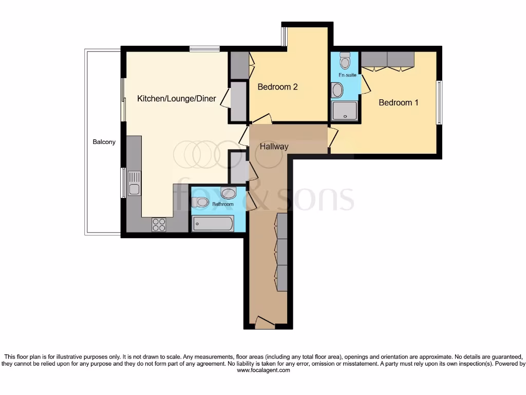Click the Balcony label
104,142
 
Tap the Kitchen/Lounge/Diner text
176,99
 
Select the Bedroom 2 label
277,87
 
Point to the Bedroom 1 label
398,102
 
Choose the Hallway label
274,146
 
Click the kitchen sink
135,183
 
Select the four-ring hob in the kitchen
159,225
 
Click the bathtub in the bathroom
213,224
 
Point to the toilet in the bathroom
199,202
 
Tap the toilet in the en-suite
345,61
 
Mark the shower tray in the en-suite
345,111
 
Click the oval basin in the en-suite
337,91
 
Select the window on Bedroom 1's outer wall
438,102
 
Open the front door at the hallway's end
265,322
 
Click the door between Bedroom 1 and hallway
332,137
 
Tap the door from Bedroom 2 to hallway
262,120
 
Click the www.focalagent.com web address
262,370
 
